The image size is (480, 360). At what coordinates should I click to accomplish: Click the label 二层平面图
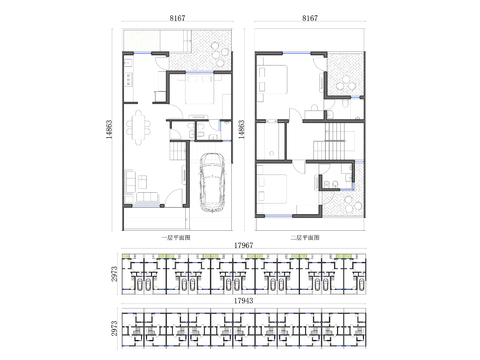305,237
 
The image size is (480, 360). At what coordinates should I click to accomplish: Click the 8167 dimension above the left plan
177,18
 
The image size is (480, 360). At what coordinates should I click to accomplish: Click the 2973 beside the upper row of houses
115,273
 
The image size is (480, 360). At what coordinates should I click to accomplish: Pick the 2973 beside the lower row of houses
115,327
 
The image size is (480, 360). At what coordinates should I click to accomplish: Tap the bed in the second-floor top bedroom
274,80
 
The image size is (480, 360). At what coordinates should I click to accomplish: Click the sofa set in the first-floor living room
137,185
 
